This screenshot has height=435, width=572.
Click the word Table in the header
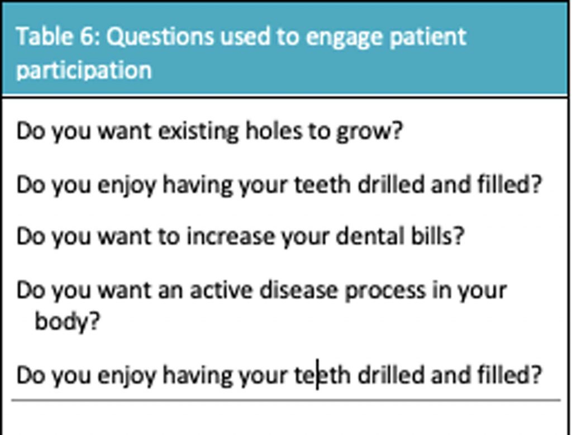(44, 36)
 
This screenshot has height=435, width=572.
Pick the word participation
(84, 70)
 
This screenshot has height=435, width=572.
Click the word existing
(198, 131)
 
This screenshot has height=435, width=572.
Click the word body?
(67, 322)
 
